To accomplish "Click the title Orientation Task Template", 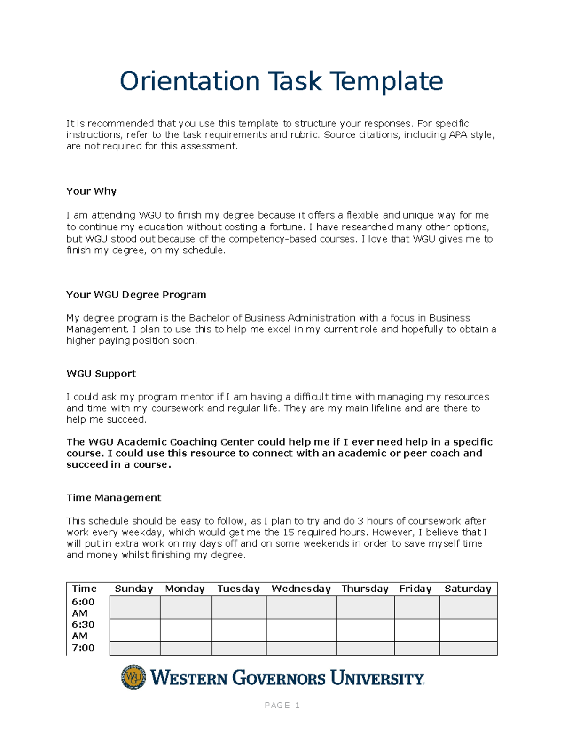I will coord(281,81).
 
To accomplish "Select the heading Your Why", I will coord(91,191).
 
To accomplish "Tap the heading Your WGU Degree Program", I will coord(136,295).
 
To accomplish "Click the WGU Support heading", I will coord(101,374).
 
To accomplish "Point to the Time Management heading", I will coord(114,498).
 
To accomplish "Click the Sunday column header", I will coord(134,589).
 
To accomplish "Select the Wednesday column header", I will coord(301,589).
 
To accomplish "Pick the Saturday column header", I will coord(468,589).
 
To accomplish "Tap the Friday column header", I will coord(415,589).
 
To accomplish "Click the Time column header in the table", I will coord(85,589).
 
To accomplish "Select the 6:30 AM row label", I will coord(83,630).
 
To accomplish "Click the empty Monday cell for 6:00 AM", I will coord(186,607).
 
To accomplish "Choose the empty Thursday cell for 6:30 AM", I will coord(365,630).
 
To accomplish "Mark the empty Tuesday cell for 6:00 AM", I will coord(239,607).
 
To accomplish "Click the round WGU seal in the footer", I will coord(133,677).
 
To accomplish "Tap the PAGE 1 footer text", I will coord(282,705).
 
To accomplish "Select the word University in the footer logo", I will coord(377,678).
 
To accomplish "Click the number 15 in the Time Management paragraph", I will coord(288,533).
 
